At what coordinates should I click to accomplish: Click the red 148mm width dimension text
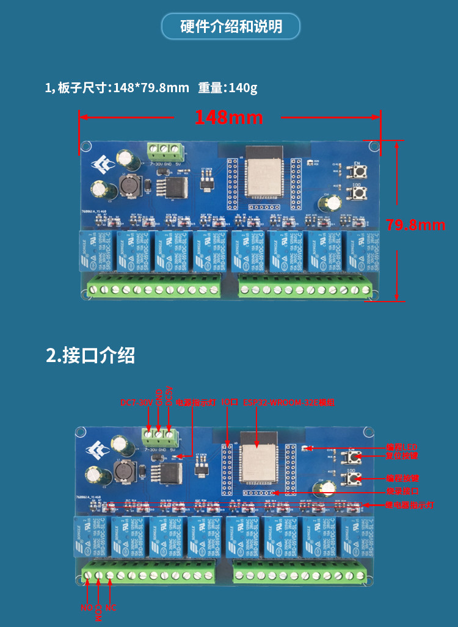click(229, 117)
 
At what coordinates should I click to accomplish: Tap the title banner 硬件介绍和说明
click(231, 27)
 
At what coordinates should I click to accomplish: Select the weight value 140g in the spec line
click(242, 88)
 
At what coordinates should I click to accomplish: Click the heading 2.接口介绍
click(90, 355)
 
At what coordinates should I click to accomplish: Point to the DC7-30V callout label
click(136, 402)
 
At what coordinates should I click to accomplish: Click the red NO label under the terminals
click(86, 608)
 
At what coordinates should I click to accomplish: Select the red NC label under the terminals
click(111, 608)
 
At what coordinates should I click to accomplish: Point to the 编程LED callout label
click(402, 447)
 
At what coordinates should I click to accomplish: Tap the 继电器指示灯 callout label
click(409, 506)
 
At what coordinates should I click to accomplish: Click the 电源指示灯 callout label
click(195, 402)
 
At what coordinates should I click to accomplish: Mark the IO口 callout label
click(229, 402)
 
